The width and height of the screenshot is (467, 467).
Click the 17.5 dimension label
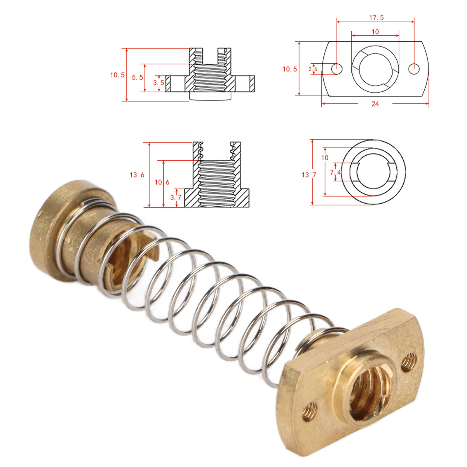click(376, 18)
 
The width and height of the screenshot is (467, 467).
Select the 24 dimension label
click(375, 104)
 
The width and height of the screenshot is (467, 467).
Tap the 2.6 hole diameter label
click(313, 69)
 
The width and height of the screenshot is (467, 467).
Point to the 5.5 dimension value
click(137, 78)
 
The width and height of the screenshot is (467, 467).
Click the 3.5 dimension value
click(158, 83)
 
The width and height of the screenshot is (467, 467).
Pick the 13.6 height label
click(137, 175)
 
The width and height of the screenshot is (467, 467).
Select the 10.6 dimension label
click(162, 182)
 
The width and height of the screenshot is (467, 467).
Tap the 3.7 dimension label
click(176, 198)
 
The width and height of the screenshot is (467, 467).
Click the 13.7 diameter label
click(309, 175)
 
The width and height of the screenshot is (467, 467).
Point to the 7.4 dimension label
click(335, 172)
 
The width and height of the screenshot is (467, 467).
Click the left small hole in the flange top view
click(337, 69)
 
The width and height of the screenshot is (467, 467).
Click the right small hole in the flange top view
click(414, 69)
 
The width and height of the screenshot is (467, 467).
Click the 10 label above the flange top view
click(375, 32)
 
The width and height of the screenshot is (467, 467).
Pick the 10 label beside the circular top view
click(325, 158)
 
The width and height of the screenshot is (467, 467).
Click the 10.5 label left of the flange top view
click(290, 69)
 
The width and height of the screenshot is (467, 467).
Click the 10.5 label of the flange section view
click(117, 75)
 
